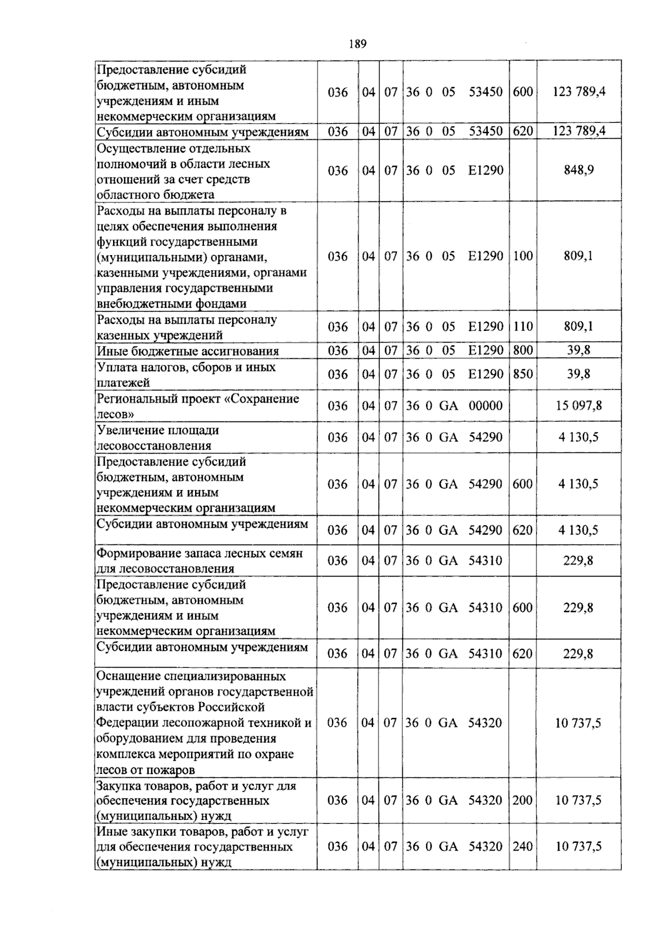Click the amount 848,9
[x=579, y=170]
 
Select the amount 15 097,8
[x=579, y=406]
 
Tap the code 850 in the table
[x=523, y=374]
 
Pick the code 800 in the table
[x=523, y=350]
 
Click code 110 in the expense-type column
[x=523, y=327]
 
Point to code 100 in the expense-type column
[x=523, y=256]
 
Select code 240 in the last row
[x=523, y=847]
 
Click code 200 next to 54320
[x=523, y=800]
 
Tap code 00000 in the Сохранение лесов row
[x=485, y=406]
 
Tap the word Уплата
[x=115, y=367]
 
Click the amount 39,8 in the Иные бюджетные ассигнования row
[x=579, y=350]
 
